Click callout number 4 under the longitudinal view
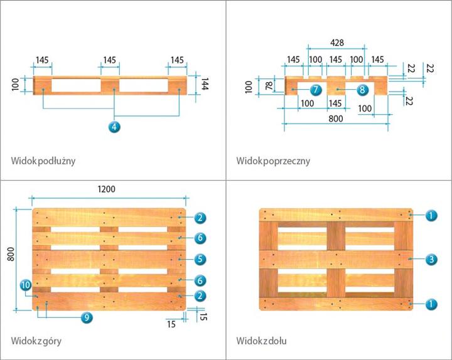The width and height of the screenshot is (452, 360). click(x=114, y=127)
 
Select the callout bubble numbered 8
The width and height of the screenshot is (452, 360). click(x=362, y=90)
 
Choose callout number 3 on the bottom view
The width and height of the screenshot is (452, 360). click(x=431, y=258)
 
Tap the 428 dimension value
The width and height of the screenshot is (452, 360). click(x=336, y=43)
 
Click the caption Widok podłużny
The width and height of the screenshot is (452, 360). click(x=43, y=161)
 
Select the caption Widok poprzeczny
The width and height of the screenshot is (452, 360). click(x=273, y=161)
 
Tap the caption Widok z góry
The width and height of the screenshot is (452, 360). click(x=36, y=341)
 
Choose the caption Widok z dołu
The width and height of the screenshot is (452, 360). click(x=261, y=341)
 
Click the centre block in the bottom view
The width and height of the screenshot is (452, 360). click(x=336, y=258)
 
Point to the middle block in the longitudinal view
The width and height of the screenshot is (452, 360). click(x=109, y=85)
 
